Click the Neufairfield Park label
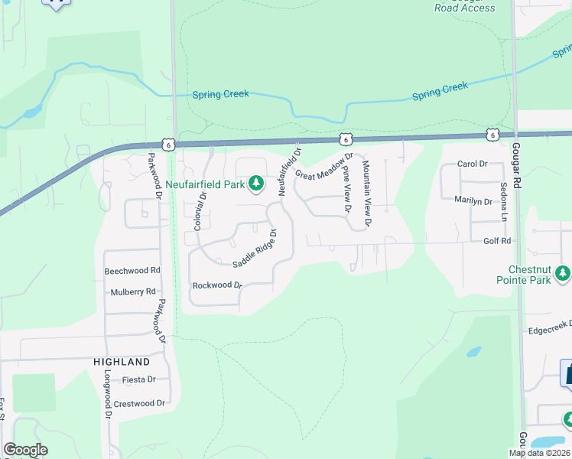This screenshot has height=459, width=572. (x=206, y=184)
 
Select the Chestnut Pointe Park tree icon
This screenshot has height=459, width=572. (x=563, y=273)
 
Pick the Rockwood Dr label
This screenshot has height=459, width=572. (x=217, y=285)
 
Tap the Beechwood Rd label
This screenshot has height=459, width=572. (x=132, y=271)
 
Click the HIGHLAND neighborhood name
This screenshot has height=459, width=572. (x=122, y=361)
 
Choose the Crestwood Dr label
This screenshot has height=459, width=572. (x=139, y=403)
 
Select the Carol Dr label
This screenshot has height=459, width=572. (x=472, y=164)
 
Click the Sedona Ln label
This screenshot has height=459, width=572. (x=503, y=202)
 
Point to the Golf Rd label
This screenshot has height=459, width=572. (x=497, y=241)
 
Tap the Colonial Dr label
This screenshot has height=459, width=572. (x=200, y=210)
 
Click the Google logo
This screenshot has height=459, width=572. (x=25, y=450)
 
